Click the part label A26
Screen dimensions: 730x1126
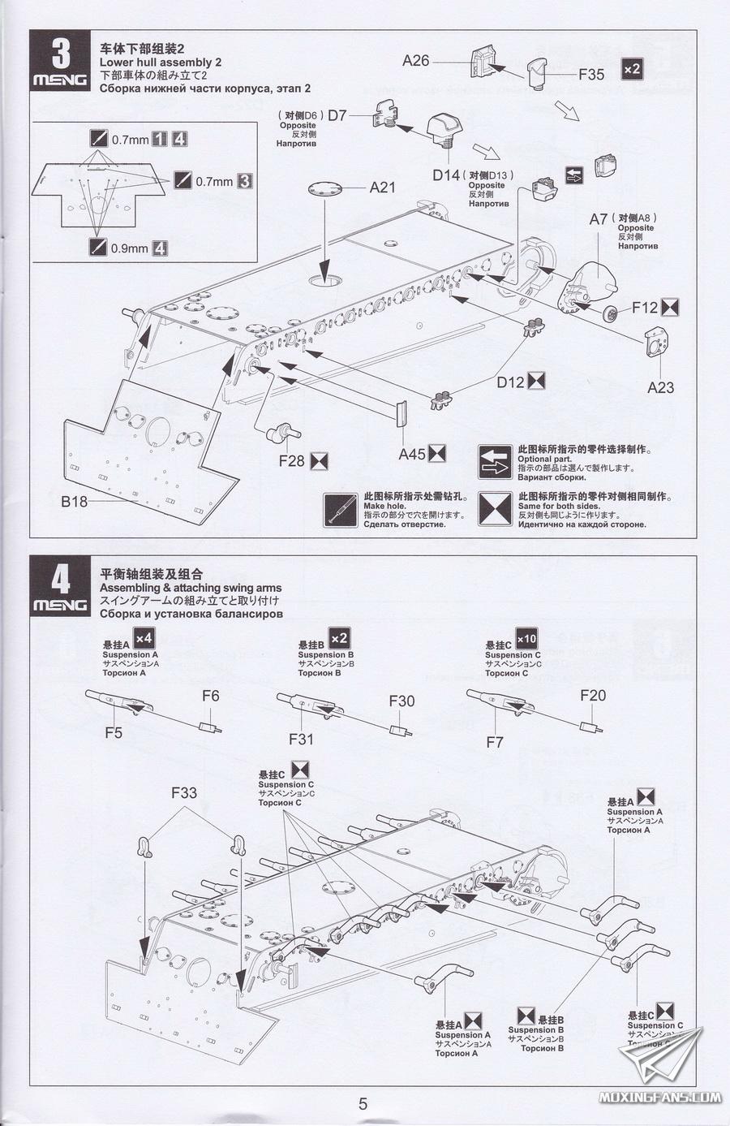415,61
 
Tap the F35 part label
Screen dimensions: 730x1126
591,75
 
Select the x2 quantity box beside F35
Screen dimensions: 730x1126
632,68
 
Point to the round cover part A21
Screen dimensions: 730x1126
325,189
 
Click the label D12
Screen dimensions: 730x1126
510,382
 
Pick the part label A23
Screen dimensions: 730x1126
660,387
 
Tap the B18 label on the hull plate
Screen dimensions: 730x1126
75,501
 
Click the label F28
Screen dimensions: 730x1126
291,461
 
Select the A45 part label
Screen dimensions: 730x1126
412,454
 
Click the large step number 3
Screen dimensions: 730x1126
61,54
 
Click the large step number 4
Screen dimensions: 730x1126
61,580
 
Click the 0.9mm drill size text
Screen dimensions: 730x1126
129,248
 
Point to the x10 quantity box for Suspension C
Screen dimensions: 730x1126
526,639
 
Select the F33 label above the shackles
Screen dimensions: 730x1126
184,792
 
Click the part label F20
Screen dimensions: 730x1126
593,696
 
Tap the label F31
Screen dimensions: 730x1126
301,739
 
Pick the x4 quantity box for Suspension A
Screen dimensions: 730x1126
144,638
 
